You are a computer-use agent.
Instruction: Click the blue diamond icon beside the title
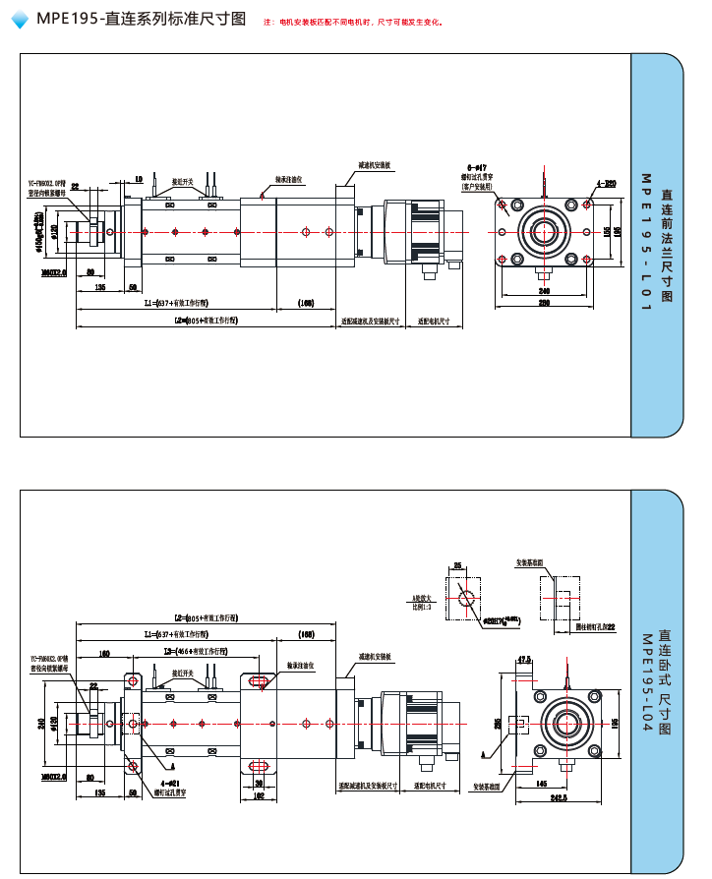pyautogui.click(x=20, y=20)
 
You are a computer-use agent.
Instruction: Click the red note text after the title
pyautogui.click(x=354, y=22)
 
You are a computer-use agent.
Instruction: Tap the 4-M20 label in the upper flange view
pyautogui.click(x=606, y=184)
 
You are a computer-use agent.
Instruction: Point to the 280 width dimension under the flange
pyautogui.click(x=544, y=303)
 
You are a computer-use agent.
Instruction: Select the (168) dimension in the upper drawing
pyautogui.click(x=306, y=304)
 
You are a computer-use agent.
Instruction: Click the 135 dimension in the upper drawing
pyautogui.click(x=99, y=287)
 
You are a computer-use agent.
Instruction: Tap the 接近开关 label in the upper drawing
pyautogui.click(x=185, y=181)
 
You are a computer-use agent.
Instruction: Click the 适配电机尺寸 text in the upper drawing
pyautogui.click(x=434, y=321)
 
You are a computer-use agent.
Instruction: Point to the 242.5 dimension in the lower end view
pyautogui.click(x=559, y=797)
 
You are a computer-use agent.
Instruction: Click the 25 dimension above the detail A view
pyautogui.click(x=458, y=565)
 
